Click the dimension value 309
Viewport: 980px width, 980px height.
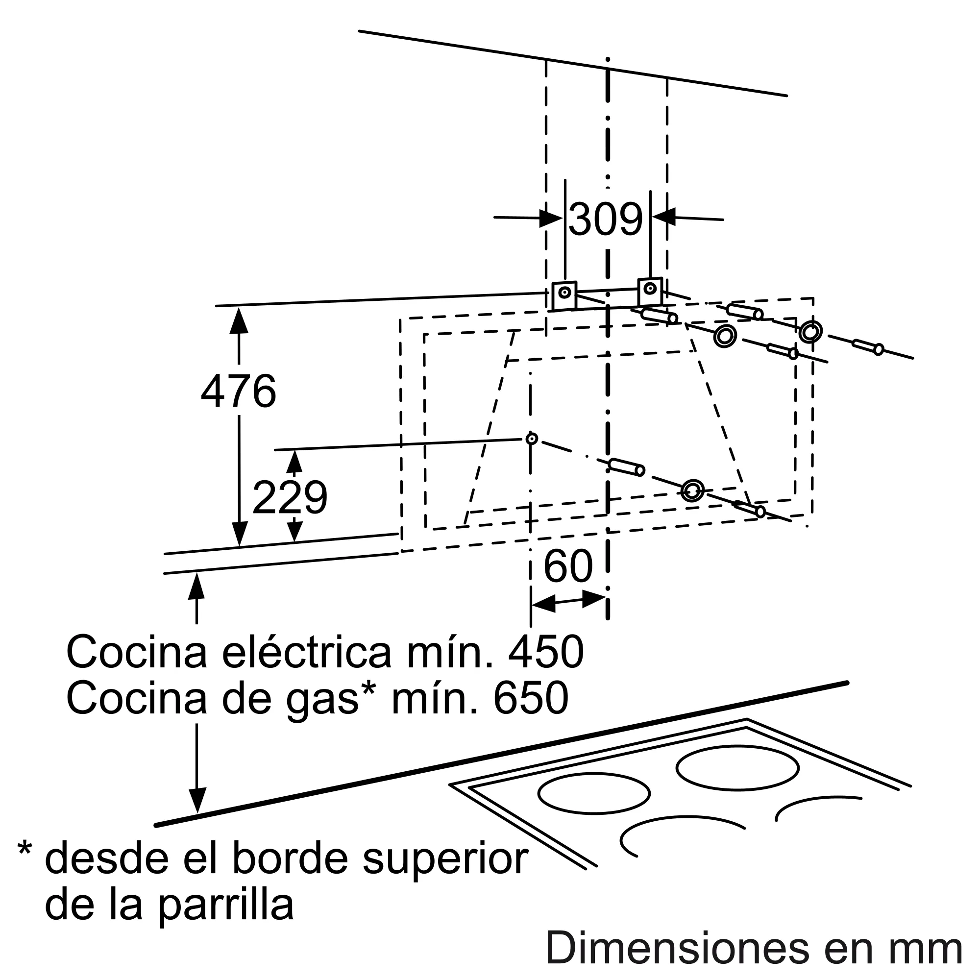605,220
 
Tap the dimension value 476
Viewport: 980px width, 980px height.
239,391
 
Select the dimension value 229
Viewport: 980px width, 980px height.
290,498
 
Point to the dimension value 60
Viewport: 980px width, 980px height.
568,566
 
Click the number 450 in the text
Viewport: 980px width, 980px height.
546,652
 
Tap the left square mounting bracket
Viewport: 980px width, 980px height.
564,296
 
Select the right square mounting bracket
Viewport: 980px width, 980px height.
650,291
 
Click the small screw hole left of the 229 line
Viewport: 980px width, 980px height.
532,438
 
